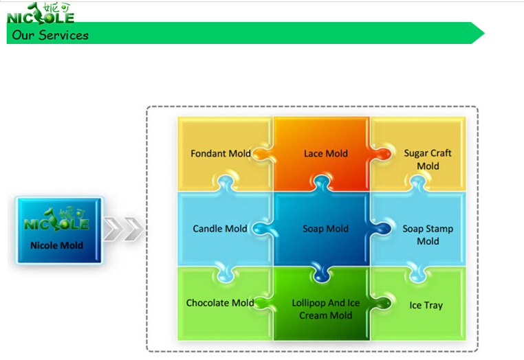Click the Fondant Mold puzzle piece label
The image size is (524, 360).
tap(220, 153)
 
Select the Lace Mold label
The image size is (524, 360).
tap(326, 153)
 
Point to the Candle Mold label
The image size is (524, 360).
tap(219, 229)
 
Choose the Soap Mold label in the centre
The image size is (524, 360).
tap(326, 229)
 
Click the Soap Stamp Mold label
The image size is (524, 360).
tap(428, 235)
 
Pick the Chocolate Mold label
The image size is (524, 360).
tap(219, 303)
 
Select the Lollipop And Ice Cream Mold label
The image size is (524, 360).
tap(326, 309)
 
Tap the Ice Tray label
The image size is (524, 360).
tap(426, 305)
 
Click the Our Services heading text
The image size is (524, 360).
tap(50, 35)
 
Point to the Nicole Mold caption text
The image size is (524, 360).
tap(56, 245)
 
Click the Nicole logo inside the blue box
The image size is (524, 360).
tap(57, 219)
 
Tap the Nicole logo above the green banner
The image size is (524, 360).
tap(41, 12)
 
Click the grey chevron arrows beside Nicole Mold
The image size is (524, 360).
tap(124, 229)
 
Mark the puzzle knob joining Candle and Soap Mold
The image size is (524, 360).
tap(261, 229)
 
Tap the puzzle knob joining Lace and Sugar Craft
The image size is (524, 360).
tap(382, 155)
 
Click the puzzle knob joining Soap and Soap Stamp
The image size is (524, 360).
tap(382, 229)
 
